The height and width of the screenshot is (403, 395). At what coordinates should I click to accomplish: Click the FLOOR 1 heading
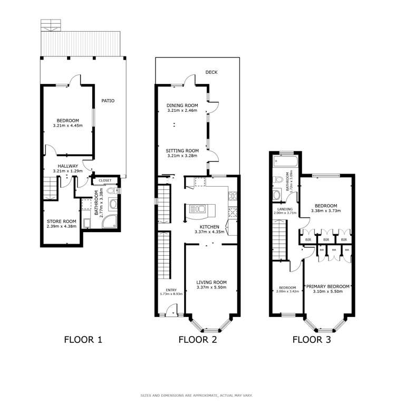point(83,340)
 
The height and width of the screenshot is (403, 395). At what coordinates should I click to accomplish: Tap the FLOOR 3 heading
point(312,340)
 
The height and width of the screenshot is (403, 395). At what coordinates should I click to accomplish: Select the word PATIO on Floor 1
point(108,100)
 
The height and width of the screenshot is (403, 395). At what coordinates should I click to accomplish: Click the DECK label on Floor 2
point(211,72)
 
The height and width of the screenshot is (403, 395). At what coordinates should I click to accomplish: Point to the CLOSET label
point(105,180)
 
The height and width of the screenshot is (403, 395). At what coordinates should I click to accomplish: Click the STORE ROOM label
point(61,221)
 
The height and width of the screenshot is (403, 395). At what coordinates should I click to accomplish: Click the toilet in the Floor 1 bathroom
point(111,191)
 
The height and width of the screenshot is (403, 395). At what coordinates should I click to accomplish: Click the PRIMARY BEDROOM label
point(327,286)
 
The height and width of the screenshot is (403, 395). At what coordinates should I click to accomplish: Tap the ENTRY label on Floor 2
point(171,290)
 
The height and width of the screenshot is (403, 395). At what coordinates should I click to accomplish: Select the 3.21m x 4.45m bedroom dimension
point(68,126)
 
